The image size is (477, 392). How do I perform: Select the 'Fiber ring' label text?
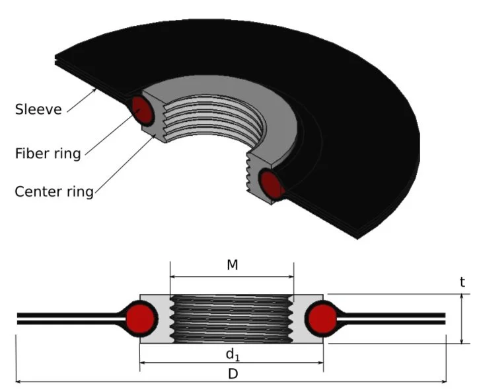[48, 154]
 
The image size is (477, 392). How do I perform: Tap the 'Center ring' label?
[54, 192]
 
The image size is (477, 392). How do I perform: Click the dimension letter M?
[232, 265]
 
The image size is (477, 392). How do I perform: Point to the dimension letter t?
[462, 282]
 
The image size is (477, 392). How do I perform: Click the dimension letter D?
[232, 373]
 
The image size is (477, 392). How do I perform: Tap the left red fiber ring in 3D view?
[143, 111]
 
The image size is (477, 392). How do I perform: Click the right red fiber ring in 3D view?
[272, 185]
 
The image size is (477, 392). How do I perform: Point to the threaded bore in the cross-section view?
[231, 318]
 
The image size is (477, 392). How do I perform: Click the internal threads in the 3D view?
[198, 122]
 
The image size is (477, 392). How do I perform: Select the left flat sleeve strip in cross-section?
[66, 318]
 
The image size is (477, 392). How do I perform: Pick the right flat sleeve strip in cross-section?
[396, 318]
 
